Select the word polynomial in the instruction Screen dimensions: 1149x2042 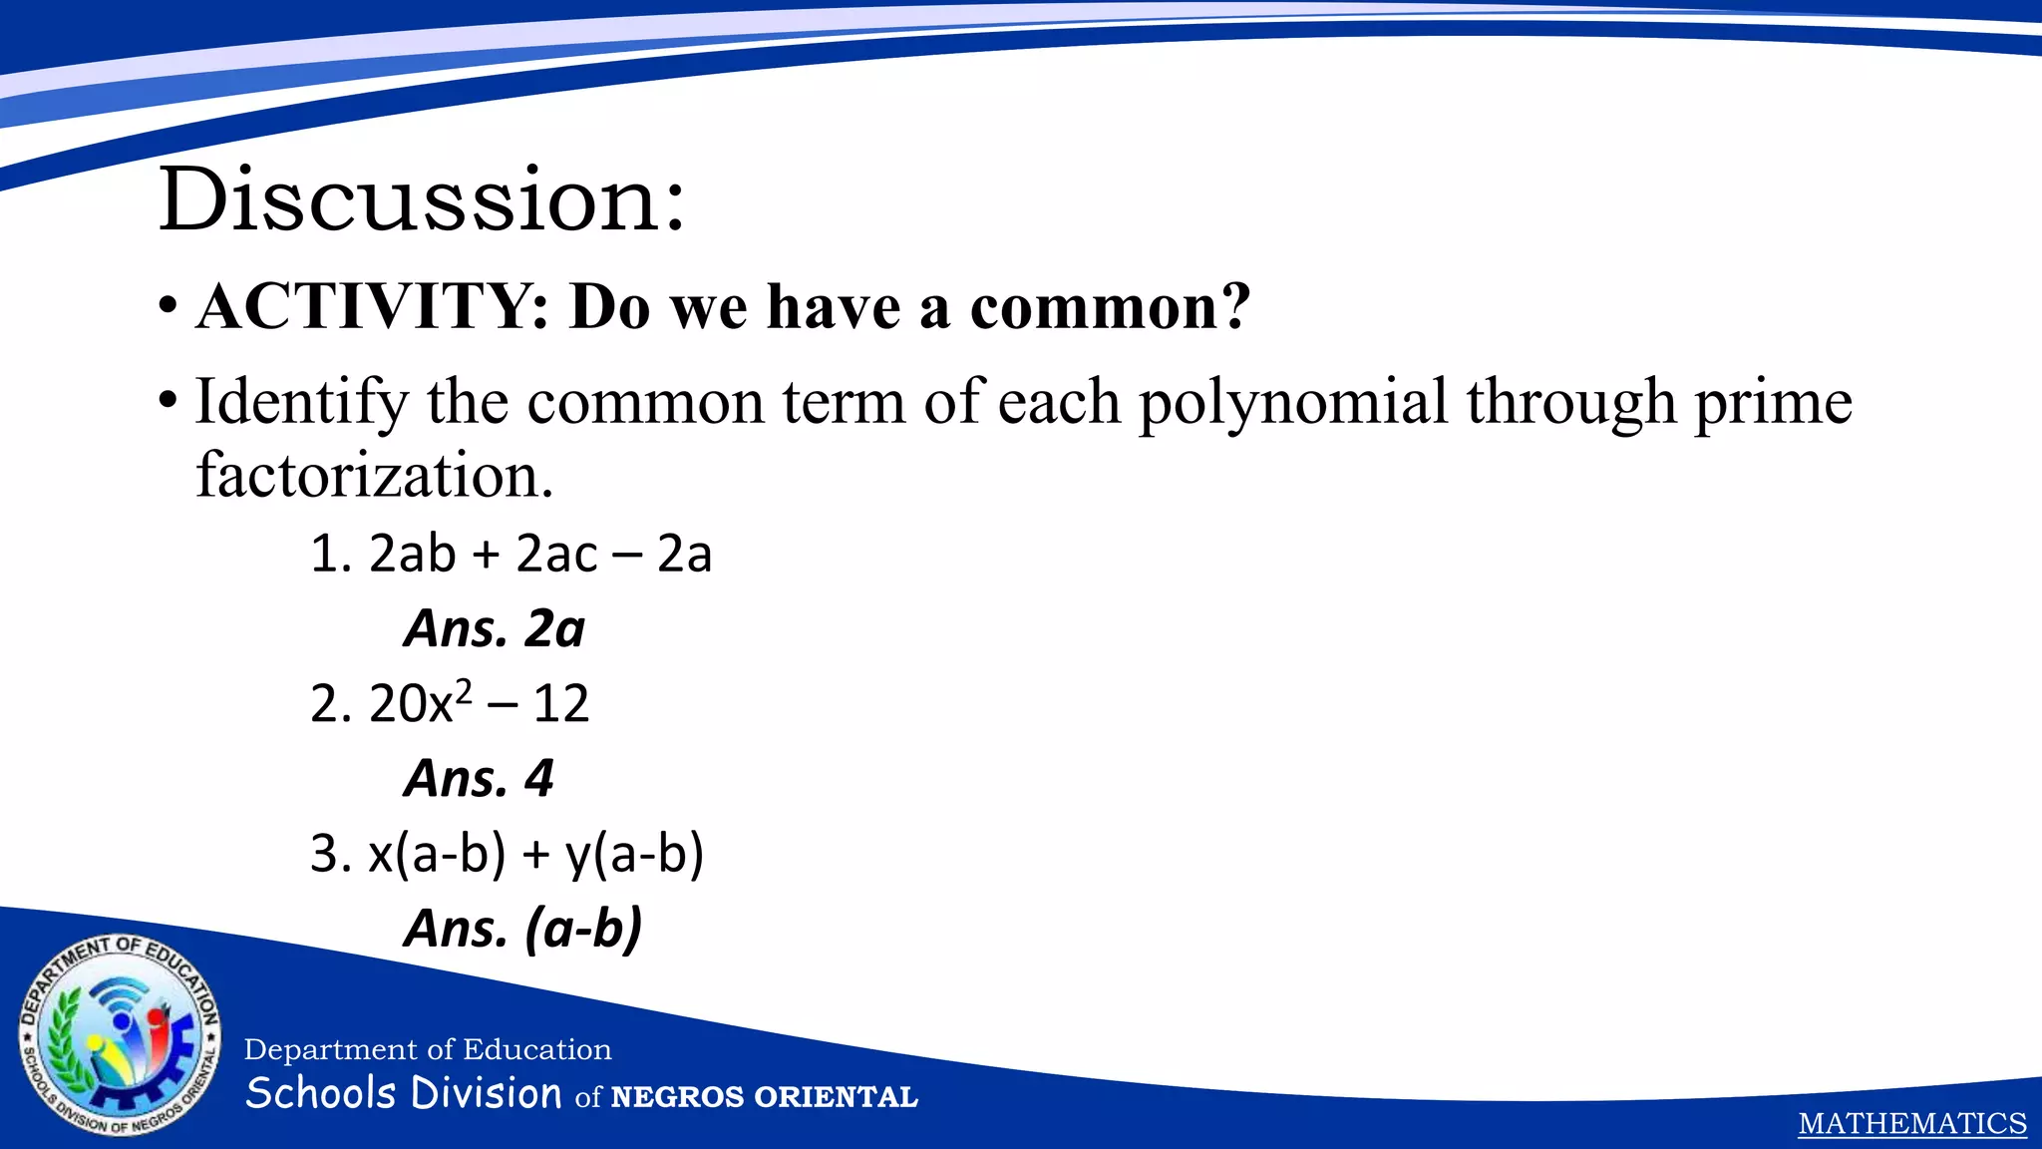(x=1292, y=402)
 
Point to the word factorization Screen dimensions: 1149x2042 (x=374, y=475)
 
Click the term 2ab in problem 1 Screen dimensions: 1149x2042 (x=413, y=554)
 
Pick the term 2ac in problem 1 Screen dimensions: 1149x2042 (x=556, y=554)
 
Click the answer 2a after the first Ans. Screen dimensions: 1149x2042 (x=554, y=629)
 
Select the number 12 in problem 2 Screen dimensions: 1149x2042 (x=561, y=704)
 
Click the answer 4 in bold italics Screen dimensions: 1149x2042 (x=538, y=779)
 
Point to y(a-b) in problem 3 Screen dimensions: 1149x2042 (x=634, y=855)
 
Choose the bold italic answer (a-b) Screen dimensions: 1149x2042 (x=583, y=930)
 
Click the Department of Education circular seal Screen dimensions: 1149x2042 (x=120, y=1037)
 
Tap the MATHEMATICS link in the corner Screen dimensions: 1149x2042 (x=1911, y=1124)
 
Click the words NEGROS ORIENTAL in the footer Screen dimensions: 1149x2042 (x=764, y=1097)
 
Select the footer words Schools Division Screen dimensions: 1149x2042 (x=404, y=1093)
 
